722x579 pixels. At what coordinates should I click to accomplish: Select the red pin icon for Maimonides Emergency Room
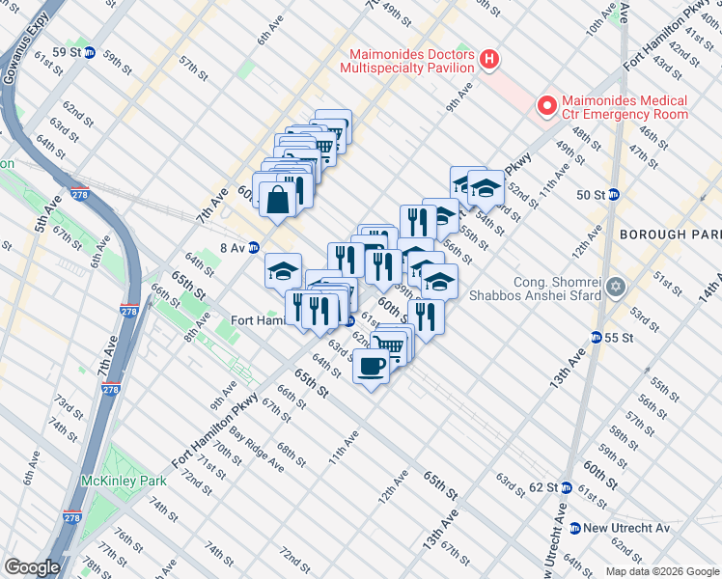point(546,106)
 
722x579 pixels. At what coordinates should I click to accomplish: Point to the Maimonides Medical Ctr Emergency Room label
point(624,107)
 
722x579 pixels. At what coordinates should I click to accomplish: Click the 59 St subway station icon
point(90,52)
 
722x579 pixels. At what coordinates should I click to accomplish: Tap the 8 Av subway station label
point(232,247)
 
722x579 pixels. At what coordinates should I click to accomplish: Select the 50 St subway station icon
point(613,194)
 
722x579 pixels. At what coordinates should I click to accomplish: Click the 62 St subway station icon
point(567,487)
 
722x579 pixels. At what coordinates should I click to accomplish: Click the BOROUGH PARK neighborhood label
point(670,234)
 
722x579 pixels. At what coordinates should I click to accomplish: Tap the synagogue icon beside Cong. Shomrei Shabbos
point(616,288)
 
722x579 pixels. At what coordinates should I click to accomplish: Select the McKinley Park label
point(125,481)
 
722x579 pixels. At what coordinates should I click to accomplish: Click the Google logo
point(32,567)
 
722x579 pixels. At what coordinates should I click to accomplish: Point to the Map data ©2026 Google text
point(663,571)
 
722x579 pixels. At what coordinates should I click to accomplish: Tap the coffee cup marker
point(371,366)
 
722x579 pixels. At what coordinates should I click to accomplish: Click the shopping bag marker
point(277,200)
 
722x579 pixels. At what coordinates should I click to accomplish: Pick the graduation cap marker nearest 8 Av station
point(283,271)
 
